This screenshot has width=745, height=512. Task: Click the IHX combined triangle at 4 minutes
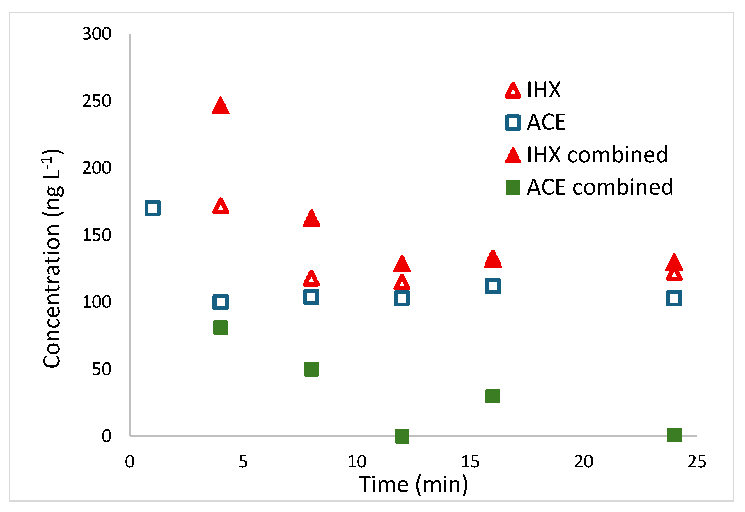click(220, 106)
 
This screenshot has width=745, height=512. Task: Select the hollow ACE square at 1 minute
click(152, 209)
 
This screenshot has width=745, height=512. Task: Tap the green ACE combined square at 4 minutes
click(220, 328)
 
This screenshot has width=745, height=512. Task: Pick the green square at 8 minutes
click(311, 369)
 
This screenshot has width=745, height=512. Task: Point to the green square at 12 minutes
click(402, 436)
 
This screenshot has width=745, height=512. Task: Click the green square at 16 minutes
click(492, 396)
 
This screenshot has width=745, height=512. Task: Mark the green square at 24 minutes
click(674, 435)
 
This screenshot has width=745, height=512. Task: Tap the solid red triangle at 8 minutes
click(311, 219)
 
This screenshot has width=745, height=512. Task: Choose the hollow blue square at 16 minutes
click(492, 286)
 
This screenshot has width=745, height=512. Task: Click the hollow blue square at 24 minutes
click(674, 298)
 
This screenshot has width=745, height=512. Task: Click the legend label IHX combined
click(597, 155)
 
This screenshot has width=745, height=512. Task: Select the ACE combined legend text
click(600, 187)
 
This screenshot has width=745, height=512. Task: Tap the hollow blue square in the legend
click(513, 122)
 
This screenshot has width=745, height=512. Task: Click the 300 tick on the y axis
click(97, 34)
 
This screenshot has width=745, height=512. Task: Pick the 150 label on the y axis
click(97, 235)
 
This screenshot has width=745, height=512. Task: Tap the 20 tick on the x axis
click(583, 462)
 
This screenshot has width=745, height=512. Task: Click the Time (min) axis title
click(413, 484)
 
